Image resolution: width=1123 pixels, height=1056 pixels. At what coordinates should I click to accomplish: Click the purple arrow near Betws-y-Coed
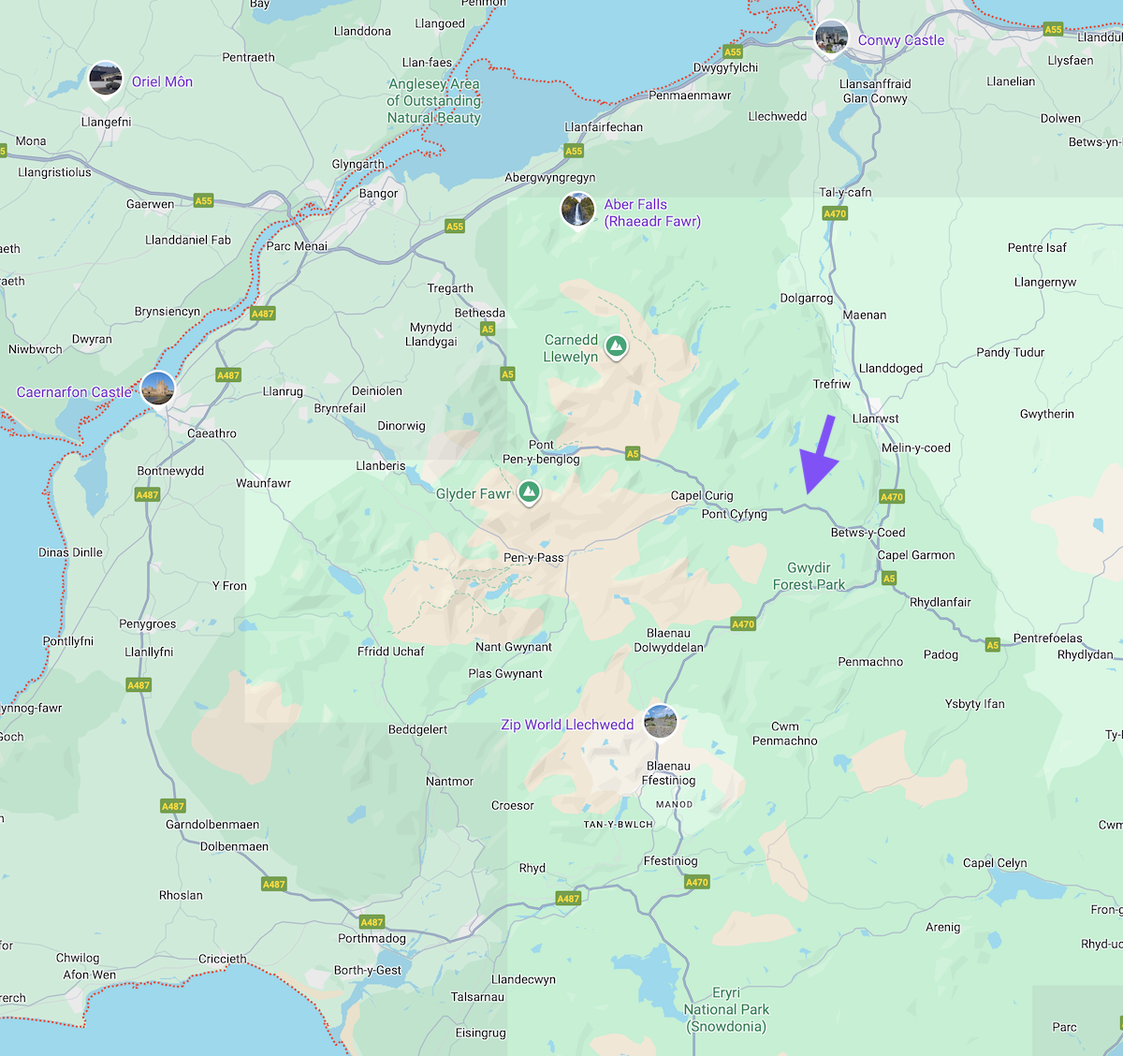819,459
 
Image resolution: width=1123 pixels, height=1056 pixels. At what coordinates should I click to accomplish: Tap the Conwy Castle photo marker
831,37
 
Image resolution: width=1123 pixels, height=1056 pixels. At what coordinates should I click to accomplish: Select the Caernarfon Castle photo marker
157,389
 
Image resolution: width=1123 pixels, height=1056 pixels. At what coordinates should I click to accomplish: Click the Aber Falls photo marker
577,209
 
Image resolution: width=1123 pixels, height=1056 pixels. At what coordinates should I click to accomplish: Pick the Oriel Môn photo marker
106,79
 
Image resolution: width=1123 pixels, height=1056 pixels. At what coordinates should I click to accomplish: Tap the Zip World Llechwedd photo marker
660,721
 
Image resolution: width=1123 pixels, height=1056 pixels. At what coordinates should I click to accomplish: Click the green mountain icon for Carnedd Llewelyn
616,346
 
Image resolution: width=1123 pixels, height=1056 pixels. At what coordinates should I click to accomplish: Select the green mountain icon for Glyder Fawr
529,491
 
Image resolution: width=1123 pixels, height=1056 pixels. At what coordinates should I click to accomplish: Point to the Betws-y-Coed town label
868,533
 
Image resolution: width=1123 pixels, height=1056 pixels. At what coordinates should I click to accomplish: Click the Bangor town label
378,194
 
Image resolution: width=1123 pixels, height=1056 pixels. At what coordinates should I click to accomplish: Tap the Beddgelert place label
417,729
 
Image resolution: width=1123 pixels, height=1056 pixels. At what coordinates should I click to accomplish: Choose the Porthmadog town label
372,938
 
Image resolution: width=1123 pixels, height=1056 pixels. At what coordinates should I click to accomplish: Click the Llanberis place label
381,465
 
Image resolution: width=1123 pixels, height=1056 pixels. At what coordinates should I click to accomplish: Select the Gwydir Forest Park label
809,576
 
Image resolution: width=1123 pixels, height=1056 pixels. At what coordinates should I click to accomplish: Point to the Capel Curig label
702,495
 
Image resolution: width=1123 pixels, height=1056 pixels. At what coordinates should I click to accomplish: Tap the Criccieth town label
223,959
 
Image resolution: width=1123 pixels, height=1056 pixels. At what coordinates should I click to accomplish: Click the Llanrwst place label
875,418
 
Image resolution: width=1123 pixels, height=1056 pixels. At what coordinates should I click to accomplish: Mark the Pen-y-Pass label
533,557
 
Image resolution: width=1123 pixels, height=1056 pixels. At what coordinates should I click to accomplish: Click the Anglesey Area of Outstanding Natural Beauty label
434,101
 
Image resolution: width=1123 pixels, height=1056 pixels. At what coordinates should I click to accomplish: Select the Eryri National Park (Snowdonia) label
726,1009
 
